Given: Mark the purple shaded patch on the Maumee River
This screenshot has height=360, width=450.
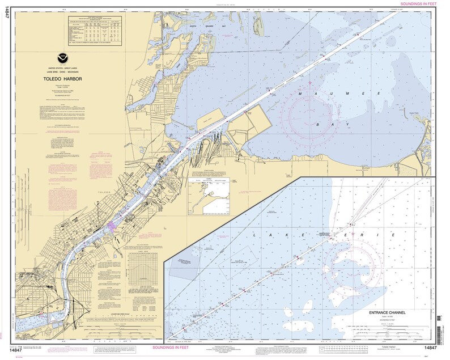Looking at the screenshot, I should tap(113, 227).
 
